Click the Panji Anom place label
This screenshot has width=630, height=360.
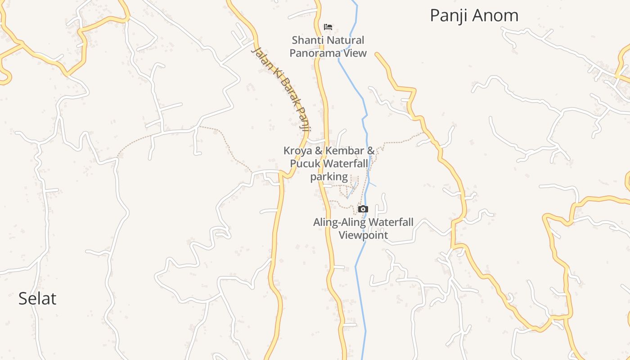click(x=474, y=16)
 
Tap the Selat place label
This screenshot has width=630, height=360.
click(x=37, y=299)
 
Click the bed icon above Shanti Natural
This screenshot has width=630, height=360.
click(x=328, y=27)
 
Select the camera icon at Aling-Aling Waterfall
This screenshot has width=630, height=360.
click(x=363, y=209)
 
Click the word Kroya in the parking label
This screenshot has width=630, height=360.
click(x=298, y=151)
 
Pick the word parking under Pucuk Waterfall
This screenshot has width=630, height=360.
click(x=329, y=176)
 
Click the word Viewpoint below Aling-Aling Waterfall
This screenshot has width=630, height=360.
click(x=363, y=235)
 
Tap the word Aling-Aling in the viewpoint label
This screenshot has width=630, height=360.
click(x=338, y=222)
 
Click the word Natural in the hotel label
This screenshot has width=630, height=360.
click(x=346, y=40)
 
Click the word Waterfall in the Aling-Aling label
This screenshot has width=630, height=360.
click(x=389, y=222)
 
